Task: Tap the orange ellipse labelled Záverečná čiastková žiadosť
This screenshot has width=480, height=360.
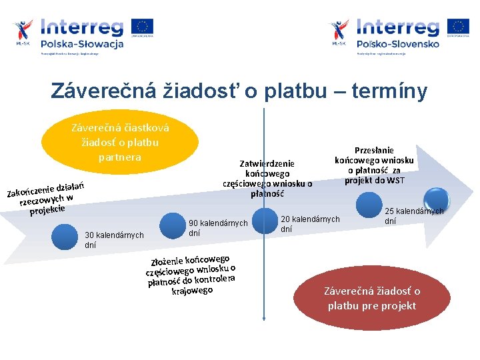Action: (120, 141)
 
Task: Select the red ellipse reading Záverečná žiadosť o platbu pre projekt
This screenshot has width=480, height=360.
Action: (371, 299)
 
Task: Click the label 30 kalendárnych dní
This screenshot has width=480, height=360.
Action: (114, 239)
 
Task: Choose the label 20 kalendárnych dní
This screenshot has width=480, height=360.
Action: (309, 224)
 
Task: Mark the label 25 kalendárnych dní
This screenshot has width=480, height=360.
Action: (413, 216)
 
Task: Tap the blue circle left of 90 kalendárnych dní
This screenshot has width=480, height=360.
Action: (169, 227)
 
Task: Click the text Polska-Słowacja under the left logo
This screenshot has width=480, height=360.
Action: (82, 44)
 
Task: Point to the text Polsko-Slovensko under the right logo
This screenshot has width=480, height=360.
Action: (398, 44)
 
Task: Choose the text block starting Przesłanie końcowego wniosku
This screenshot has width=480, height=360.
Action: (374, 165)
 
